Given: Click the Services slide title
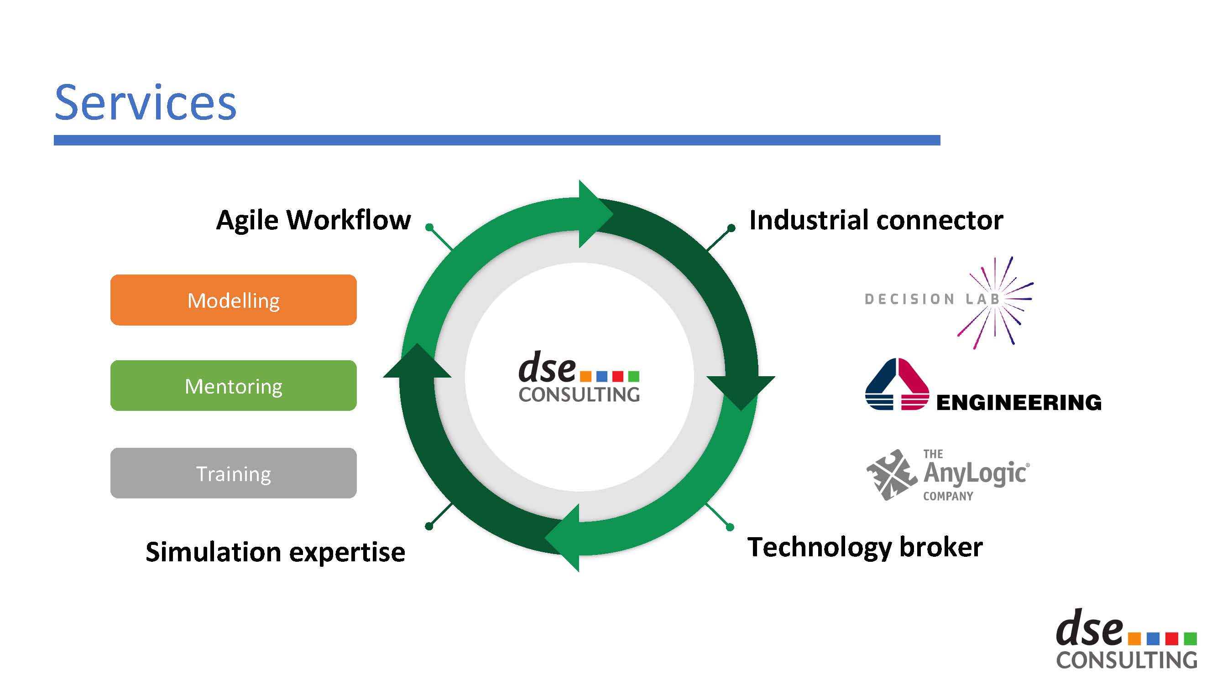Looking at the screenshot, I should coord(145,103).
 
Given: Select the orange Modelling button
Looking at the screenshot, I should coord(233,300).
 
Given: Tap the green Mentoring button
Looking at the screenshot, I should coord(233,386).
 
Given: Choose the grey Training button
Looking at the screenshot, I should coord(233,473).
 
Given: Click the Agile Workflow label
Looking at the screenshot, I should coord(313,220).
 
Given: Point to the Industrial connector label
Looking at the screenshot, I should coord(876,220).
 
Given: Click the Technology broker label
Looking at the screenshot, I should coord(865,548).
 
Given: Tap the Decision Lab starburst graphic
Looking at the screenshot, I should coord(997,302).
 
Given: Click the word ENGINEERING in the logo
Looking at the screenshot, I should coord(1018,403).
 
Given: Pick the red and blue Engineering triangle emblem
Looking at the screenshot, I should coord(896,384).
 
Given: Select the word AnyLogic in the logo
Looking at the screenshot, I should coord(975,473).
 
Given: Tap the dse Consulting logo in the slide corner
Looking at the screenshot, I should coord(1126,640).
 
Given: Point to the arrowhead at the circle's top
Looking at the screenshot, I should coord(593,214).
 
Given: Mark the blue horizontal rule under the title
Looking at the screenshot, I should coord(496,140).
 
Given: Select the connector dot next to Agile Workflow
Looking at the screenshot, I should coord(429,228).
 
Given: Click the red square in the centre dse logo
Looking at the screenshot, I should coord(617,376).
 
